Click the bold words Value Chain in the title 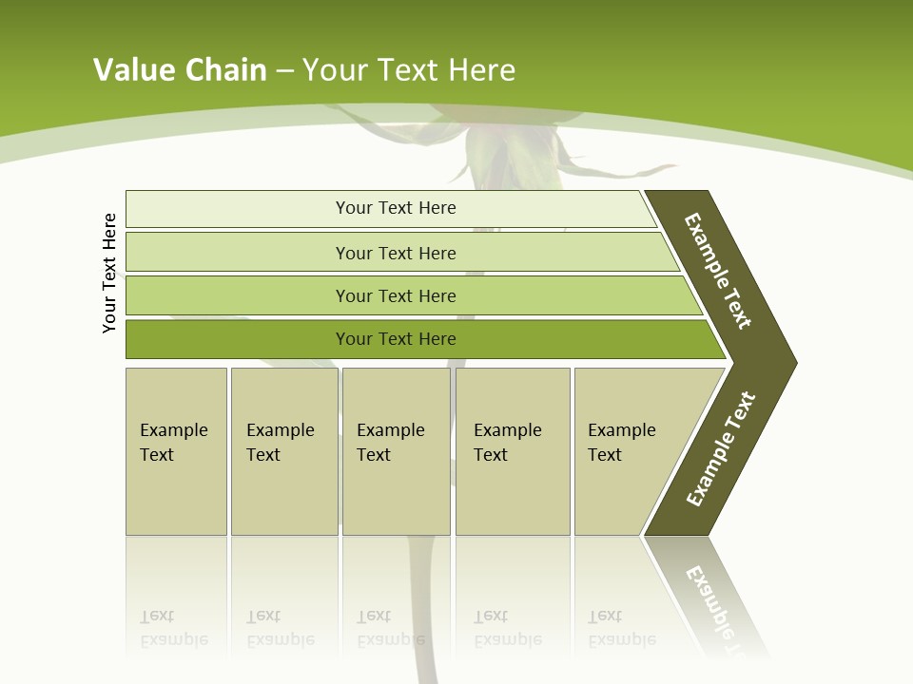click(x=180, y=69)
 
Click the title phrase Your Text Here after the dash click(x=409, y=69)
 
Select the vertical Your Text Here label click(x=109, y=273)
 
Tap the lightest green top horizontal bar click(x=395, y=208)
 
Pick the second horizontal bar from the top click(x=395, y=253)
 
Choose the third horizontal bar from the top click(x=395, y=295)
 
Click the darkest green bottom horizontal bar click(x=395, y=339)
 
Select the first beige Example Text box click(x=176, y=450)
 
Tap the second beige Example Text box click(x=283, y=450)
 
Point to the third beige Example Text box click(x=395, y=450)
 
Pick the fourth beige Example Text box click(x=512, y=450)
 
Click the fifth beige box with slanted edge click(x=628, y=450)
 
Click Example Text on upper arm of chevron click(x=718, y=271)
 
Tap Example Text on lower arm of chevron click(x=720, y=449)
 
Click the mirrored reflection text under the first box click(x=174, y=629)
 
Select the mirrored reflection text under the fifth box click(x=621, y=629)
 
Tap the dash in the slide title click(x=284, y=70)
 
